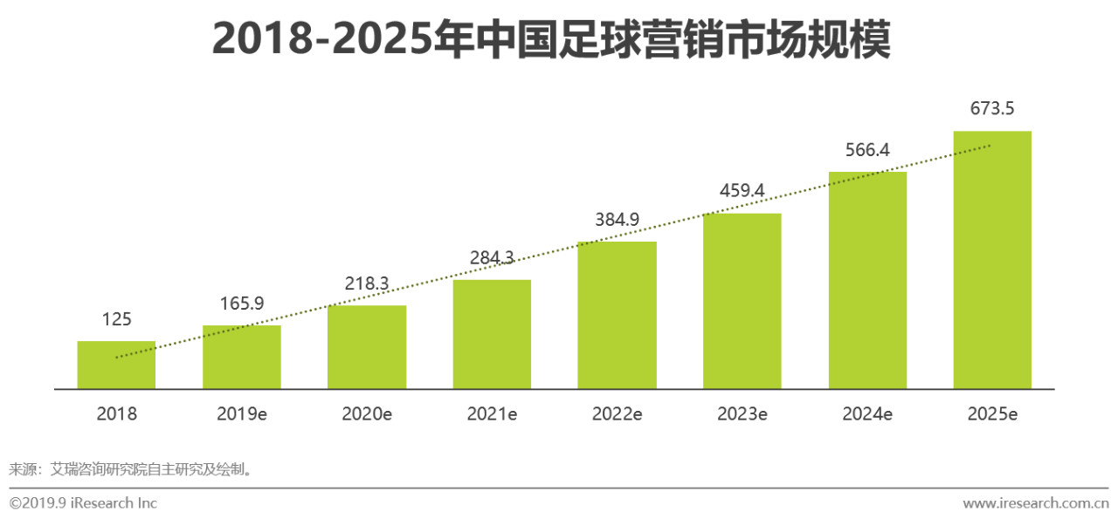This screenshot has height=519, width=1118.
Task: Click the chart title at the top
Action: click(x=551, y=39)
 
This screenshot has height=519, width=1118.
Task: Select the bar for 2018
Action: click(x=116, y=365)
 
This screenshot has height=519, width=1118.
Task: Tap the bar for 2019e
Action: click(x=242, y=358)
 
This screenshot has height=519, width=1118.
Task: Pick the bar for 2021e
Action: click(x=492, y=334)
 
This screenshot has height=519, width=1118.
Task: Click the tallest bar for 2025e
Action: click(x=992, y=260)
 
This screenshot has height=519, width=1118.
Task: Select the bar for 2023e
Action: click(x=742, y=301)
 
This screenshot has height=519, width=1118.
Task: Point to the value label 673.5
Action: click(x=992, y=109)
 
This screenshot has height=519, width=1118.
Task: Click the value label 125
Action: click(x=116, y=319)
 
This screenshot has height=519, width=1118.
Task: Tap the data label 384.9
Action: click(x=617, y=220)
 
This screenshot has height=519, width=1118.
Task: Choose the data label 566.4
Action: click(x=867, y=150)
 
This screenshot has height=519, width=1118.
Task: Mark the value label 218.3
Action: click(x=367, y=283)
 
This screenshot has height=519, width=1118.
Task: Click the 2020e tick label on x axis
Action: click(x=367, y=414)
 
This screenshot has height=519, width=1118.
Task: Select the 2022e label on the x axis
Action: click(x=617, y=414)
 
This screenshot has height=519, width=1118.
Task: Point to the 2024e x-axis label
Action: click(x=867, y=414)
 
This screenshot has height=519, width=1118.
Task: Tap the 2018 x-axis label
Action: click(x=116, y=414)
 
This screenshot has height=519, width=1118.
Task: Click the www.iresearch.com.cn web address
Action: click(x=1036, y=503)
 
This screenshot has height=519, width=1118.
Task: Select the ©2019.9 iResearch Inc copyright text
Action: click(x=83, y=503)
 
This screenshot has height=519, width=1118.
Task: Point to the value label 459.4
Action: click(x=742, y=190)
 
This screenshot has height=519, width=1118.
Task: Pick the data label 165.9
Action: click(x=242, y=304)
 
